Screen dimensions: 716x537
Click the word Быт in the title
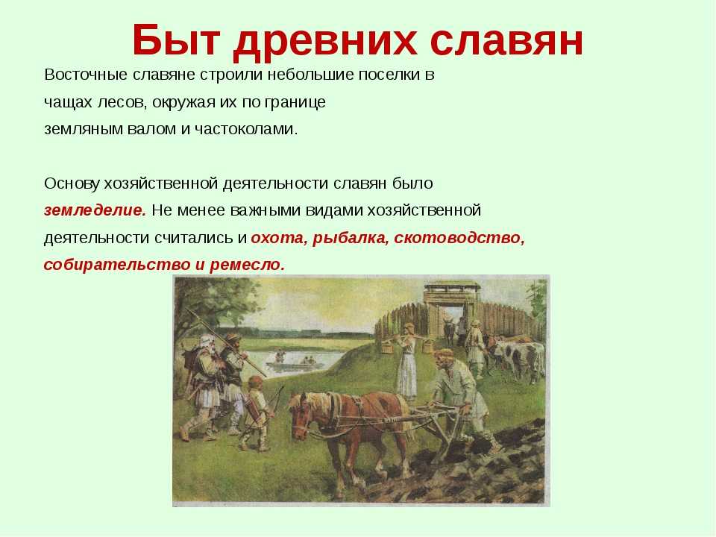[x=177, y=40]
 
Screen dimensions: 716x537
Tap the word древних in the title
[x=324, y=42]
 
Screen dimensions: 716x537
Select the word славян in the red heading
[x=506, y=40]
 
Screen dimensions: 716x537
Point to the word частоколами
[x=246, y=129]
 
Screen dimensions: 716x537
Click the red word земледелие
[x=95, y=210]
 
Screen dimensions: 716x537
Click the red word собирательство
[x=116, y=265]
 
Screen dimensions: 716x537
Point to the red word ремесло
[x=247, y=265]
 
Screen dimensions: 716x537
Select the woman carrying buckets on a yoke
[x=406, y=361]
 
